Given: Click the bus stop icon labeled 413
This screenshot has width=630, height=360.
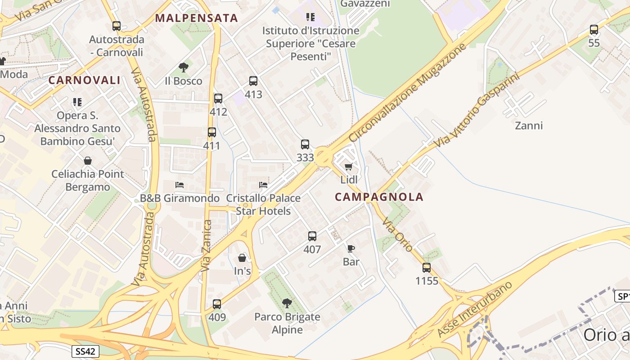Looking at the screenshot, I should point(253,81).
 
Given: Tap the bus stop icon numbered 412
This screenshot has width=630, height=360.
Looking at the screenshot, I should point(218,98).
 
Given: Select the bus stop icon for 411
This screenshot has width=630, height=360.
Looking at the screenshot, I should point(211,132).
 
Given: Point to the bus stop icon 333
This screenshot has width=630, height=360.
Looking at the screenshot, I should point(305,144).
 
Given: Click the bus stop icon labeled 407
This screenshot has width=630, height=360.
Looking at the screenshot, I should point(312,236).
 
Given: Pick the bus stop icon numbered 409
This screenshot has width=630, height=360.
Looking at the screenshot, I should point(217,304).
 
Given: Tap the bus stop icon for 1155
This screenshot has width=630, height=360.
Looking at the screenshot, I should point(427,268).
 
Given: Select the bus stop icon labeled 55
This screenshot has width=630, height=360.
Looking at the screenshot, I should point(594,30).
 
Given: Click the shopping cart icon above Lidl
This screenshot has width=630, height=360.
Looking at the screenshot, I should point(349,167).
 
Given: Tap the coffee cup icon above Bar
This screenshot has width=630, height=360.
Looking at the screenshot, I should point(351,248).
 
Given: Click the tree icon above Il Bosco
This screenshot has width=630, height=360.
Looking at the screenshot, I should point(183,67).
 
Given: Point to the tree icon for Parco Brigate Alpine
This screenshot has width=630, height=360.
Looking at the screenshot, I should point(287,303).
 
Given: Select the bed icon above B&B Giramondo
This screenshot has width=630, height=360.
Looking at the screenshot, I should point(180,185).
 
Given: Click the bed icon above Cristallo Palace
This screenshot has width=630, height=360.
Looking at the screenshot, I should point(263,185).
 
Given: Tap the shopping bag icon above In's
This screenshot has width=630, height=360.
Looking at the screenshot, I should point(242,258).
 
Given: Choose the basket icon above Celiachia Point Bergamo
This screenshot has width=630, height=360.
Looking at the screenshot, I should point(88,161).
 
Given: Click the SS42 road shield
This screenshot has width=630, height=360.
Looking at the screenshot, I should point(85,351).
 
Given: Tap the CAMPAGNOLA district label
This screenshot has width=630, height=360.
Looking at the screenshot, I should point(379,197).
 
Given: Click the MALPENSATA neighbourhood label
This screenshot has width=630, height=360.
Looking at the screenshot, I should point(196,18).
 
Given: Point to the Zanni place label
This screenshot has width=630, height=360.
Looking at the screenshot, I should point(529,126).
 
